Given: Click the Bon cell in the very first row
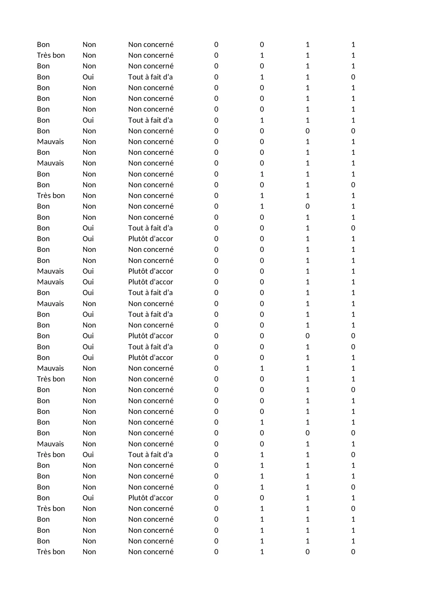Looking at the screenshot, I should (43, 45).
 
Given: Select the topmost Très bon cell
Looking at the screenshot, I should (51, 55).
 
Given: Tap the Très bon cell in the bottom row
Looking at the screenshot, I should (51, 552).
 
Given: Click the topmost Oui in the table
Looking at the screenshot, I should (88, 77).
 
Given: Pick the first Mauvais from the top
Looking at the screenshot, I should (50, 142).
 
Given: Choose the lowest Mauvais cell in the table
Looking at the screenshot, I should (50, 444).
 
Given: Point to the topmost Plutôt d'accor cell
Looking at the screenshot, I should (150, 239).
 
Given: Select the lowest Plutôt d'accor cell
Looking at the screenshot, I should (150, 498).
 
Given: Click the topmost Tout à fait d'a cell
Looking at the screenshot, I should (150, 77).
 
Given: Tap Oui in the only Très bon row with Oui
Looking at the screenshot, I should (88, 455).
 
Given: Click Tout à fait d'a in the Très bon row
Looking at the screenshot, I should (150, 455).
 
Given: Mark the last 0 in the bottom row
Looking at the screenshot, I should (353, 552).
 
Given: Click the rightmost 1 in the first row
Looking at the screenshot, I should (353, 45).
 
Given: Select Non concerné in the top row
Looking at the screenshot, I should (151, 45).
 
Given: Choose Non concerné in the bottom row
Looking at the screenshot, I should (151, 552).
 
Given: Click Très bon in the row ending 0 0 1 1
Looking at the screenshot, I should (51, 379).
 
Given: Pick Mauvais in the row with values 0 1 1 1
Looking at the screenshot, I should (50, 368).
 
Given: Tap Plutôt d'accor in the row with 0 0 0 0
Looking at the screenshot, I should (150, 336).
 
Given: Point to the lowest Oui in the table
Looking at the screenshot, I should (88, 498).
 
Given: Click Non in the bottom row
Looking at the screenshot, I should (89, 552).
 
